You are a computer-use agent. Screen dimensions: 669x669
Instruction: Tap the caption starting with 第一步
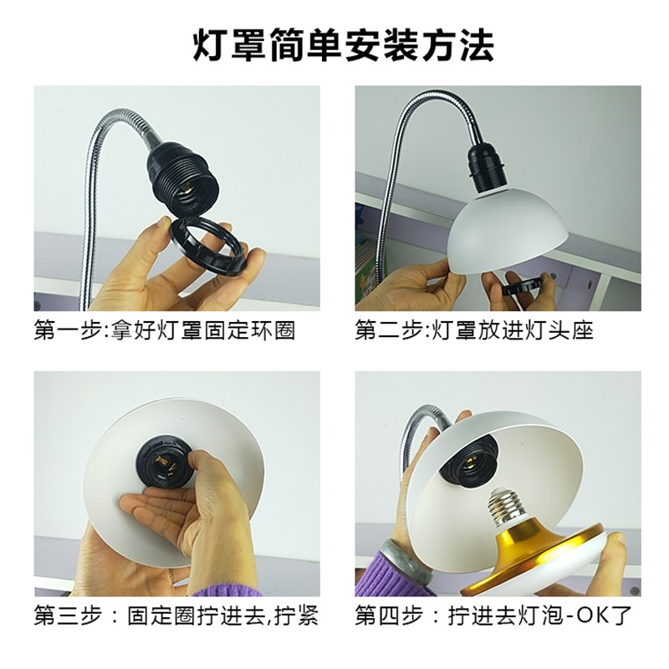(x=165, y=329)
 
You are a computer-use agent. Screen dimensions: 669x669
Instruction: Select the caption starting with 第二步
(x=474, y=329)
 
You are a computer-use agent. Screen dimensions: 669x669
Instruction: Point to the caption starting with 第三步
(x=176, y=615)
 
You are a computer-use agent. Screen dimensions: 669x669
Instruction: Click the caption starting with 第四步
(x=493, y=615)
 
